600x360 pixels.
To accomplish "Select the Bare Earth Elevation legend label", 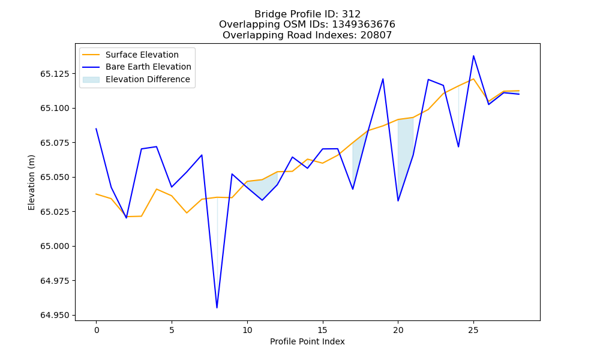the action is (x=148, y=67).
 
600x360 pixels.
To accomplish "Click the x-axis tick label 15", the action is (x=323, y=330).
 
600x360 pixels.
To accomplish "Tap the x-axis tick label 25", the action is (x=473, y=330).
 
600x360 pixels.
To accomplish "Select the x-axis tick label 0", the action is (x=97, y=330).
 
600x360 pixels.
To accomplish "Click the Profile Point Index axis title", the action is (x=307, y=341).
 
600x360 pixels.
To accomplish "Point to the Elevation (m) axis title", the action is (x=31, y=182).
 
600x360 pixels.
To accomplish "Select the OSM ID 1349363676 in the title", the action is (x=364, y=25).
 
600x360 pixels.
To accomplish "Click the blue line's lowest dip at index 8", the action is (x=217, y=308).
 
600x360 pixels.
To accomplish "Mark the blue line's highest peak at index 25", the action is (x=473, y=56).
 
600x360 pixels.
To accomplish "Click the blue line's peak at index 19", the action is (x=383, y=79).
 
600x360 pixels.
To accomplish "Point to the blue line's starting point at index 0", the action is (x=97, y=129).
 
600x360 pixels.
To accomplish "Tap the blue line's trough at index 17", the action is (x=353, y=189).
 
